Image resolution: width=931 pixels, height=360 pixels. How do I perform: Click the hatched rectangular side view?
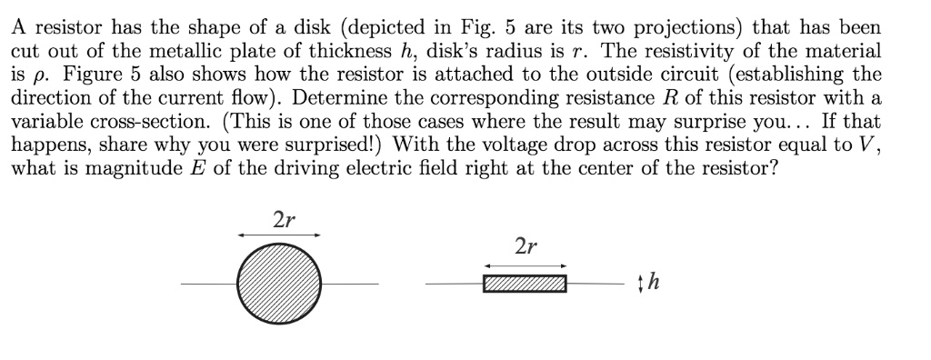coord(525,285)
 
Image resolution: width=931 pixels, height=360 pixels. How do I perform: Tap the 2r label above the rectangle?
coord(525,246)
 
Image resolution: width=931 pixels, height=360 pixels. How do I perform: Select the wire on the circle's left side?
coord(208,285)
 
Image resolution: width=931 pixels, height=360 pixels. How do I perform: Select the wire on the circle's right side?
coord(350,285)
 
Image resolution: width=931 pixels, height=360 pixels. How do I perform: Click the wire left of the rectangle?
coord(454,285)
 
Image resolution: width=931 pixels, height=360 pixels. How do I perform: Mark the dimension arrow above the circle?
coord(279,235)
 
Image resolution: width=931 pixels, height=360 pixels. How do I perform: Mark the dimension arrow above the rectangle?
coord(525,265)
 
